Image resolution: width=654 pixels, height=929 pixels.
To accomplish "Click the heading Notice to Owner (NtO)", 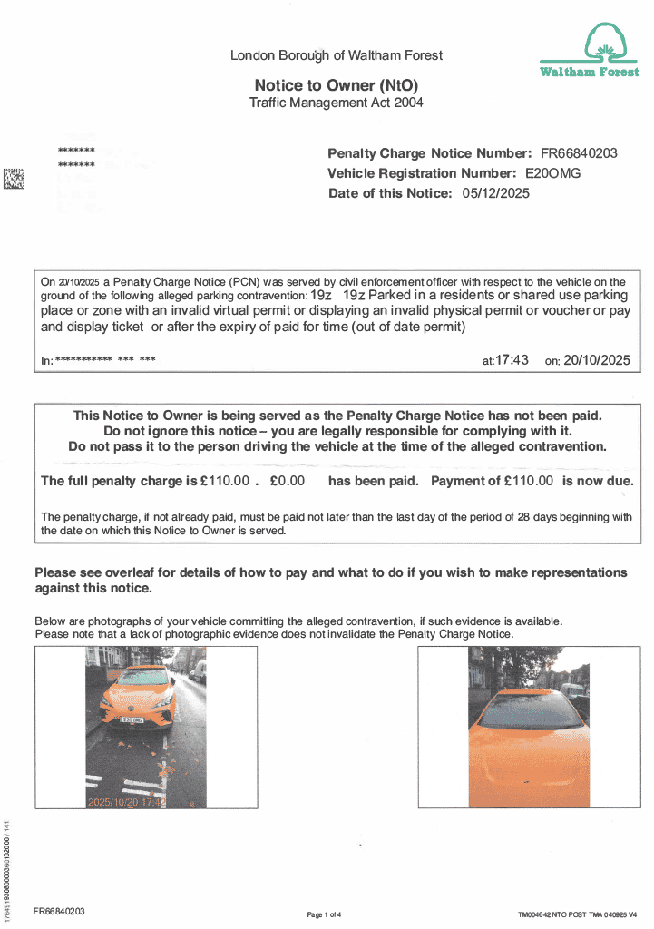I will (x=336, y=85).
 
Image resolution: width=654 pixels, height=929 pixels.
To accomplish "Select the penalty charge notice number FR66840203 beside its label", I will (x=579, y=153).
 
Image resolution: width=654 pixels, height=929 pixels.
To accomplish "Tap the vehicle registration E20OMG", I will (x=553, y=173).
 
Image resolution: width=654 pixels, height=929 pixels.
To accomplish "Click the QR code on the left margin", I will (x=14, y=179).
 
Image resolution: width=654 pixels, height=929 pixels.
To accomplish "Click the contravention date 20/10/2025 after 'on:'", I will (x=596, y=360).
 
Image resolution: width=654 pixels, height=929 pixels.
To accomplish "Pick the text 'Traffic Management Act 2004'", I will (x=336, y=103).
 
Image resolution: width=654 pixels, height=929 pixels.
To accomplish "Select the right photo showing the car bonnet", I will (x=529, y=727).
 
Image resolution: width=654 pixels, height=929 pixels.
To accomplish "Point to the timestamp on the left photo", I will (x=126, y=801).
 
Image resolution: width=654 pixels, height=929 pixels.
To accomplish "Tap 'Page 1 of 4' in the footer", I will (x=325, y=914).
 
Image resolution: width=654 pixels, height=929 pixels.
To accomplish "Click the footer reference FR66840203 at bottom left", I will (x=59, y=911).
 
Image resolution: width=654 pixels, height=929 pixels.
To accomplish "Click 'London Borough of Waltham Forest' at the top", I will (x=337, y=55).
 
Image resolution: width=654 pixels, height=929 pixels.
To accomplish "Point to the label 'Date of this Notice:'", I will (x=389, y=193).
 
